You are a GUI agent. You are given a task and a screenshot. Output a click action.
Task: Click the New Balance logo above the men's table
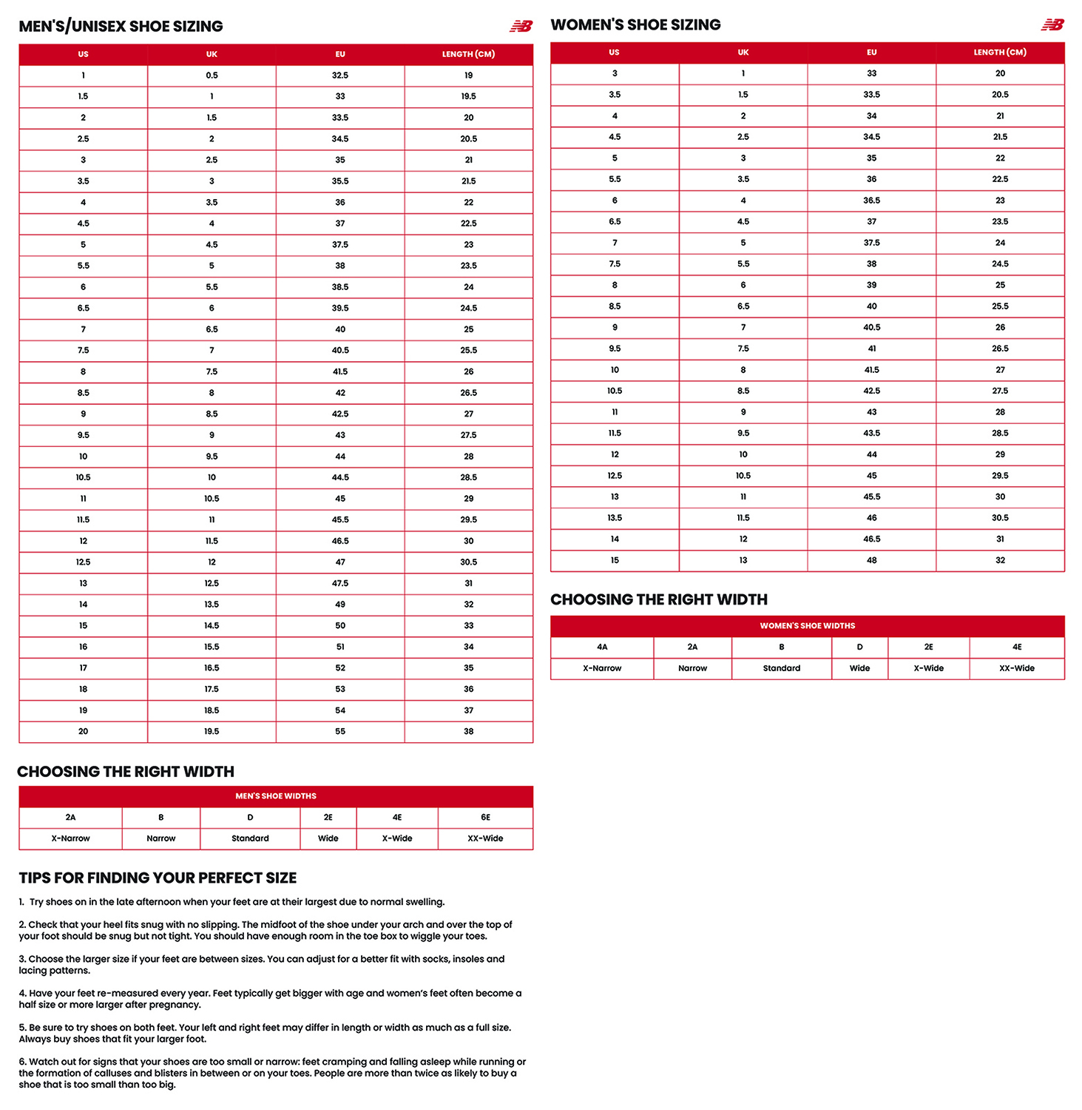[521, 27]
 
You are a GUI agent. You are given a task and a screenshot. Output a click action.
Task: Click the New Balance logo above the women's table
[1052, 25]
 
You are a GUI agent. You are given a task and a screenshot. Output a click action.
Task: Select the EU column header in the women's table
[871, 53]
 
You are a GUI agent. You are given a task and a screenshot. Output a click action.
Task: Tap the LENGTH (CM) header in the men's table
[468, 54]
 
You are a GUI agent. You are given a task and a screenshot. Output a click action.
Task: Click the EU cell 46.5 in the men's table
[340, 541]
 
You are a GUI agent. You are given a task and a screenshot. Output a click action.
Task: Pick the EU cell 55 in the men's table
[340, 731]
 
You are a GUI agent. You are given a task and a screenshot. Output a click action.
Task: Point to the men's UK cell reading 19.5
[212, 731]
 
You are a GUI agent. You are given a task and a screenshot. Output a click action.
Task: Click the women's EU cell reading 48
[871, 560]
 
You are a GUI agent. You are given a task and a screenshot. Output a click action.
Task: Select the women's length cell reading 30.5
[1000, 518]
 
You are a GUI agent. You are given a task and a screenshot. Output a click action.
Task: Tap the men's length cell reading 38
[468, 731]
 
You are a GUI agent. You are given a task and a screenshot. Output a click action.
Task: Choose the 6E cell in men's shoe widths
[485, 817]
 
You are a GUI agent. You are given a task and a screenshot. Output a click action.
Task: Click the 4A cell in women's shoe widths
[602, 647]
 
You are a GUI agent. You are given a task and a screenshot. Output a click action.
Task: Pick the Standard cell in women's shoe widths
[782, 668]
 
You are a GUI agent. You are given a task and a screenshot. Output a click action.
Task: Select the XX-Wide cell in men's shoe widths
[485, 838]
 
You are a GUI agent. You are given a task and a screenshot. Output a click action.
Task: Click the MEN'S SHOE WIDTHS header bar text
[276, 796]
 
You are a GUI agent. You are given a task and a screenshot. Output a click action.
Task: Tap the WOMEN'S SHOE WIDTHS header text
[807, 626]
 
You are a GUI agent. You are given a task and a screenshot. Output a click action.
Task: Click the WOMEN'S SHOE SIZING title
[635, 25]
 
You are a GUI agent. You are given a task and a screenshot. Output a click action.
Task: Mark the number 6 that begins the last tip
[21, 1062]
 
